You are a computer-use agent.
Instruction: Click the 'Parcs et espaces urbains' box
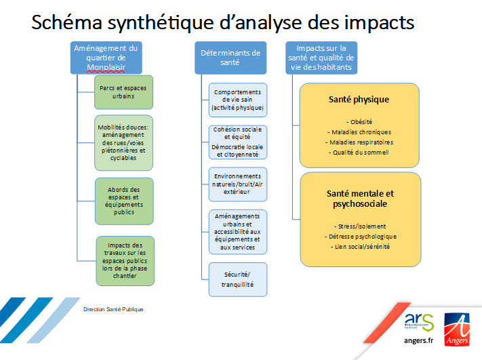(x=123, y=92)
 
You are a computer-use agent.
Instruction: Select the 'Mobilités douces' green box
(x=123, y=142)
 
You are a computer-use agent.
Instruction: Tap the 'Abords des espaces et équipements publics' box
(x=124, y=201)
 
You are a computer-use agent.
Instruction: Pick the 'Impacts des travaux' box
(x=125, y=261)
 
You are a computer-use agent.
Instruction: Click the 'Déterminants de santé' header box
(x=230, y=58)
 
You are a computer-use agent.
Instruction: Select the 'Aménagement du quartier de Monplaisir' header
(x=106, y=58)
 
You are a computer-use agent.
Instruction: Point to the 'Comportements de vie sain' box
(x=238, y=100)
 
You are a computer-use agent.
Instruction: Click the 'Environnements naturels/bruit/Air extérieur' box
(x=238, y=184)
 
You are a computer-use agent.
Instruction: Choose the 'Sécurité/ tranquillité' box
(x=238, y=279)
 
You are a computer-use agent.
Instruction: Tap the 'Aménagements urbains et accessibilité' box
(x=238, y=232)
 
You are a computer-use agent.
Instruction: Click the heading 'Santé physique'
(x=359, y=100)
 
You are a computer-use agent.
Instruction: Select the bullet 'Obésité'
(x=359, y=122)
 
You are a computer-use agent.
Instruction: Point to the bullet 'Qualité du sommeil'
(x=359, y=153)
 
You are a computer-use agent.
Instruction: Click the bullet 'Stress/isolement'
(x=360, y=226)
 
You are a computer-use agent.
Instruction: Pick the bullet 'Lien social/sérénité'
(x=360, y=247)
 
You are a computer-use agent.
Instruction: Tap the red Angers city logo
(x=457, y=329)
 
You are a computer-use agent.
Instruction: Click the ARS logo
(x=419, y=322)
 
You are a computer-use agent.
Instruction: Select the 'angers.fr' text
(x=418, y=340)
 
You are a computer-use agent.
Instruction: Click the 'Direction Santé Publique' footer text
(x=113, y=309)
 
